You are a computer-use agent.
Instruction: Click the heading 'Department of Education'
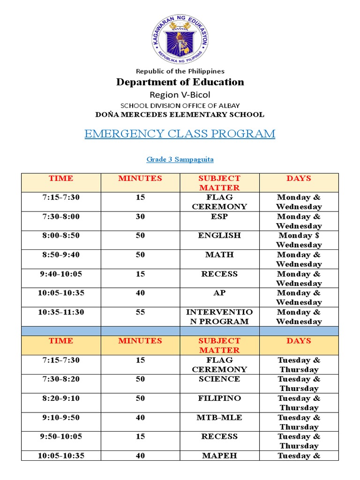pyautogui.click(x=180, y=82)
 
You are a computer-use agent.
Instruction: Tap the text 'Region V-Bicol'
pyautogui.click(x=180, y=95)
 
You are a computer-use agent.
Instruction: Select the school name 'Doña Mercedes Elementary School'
pyautogui.click(x=180, y=114)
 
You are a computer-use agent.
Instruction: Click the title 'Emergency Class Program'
pyautogui.click(x=180, y=134)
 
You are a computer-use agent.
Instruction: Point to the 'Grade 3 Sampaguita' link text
pyautogui.click(x=180, y=159)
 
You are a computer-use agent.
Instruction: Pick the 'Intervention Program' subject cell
pyautogui.click(x=219, y=317)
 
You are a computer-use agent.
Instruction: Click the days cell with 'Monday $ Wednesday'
pyautogui.click(x=299, y=240)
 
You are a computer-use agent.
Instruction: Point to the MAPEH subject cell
pyautogui.click(x=219, y=456)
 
